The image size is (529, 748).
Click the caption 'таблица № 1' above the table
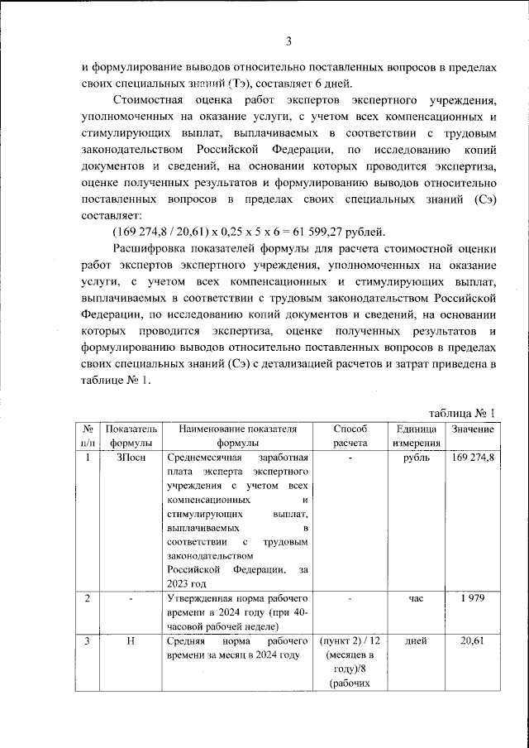click(x=462, y=412)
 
